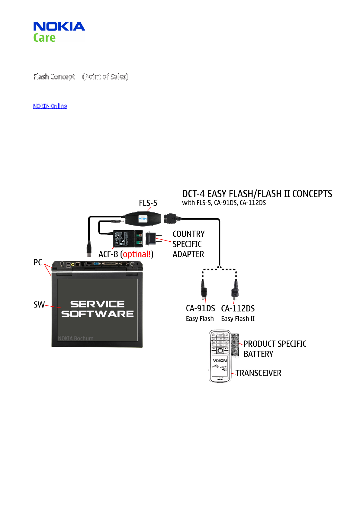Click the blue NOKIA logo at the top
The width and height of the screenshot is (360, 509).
(59, 26)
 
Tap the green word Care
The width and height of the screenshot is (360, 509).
(44, 38)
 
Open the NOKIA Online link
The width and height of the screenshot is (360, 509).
(50, 106)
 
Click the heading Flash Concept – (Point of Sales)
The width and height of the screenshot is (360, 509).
(81, 77)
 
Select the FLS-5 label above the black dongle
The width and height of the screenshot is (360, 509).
(148, 203)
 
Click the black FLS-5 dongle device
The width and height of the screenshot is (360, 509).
(143, 219)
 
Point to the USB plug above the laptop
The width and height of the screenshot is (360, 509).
(89, 249)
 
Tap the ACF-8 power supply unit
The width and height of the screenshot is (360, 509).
(128, 239)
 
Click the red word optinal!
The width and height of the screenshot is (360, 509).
(137, 254)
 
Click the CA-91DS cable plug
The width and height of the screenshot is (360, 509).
(204, 290)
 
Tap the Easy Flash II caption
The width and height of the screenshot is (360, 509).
(238, 319)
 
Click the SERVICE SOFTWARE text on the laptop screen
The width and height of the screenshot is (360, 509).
(98, 309)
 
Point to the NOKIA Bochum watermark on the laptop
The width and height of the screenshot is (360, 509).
(76, 338)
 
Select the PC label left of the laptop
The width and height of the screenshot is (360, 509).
(38, 262)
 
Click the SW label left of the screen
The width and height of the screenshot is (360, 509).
(39, 304)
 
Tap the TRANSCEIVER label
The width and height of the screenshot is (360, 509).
(258, 373)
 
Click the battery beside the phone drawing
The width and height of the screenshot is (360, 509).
(235, 346)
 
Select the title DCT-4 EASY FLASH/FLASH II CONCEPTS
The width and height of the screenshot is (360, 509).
(257, 194)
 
